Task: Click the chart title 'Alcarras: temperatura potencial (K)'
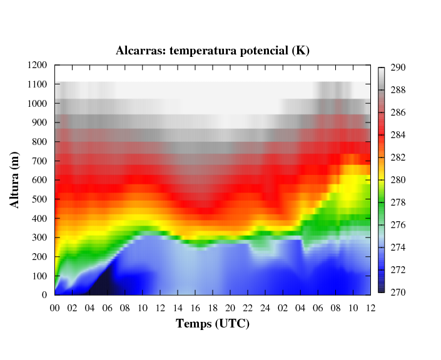pyautogui.click(x=213, y=51)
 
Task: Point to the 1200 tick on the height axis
pyautogui.click(x=38, y=65)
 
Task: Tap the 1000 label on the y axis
pyautogui.click(x=38, y=103)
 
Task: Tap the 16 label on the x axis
pyautogui.click(x=195, y=307)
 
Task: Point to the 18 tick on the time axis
pyautogui.click(x=213, y=307)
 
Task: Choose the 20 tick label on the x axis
pyautogui.click(x=230, y=307)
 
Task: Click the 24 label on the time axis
pyautogui.click(x=265, y=307)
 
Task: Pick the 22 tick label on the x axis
pyautogui.click(x=248, y=307)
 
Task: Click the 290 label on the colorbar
pyautogui.click(x=398, y=67)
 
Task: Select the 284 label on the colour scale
pyautogui.click(x=398, y=135)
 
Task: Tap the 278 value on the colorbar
pyautogui.click(x=398, y=202)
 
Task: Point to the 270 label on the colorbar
pyautogui.click(x=398, y=292)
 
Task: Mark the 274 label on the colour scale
pyautogui.click(x=398, y=247)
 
